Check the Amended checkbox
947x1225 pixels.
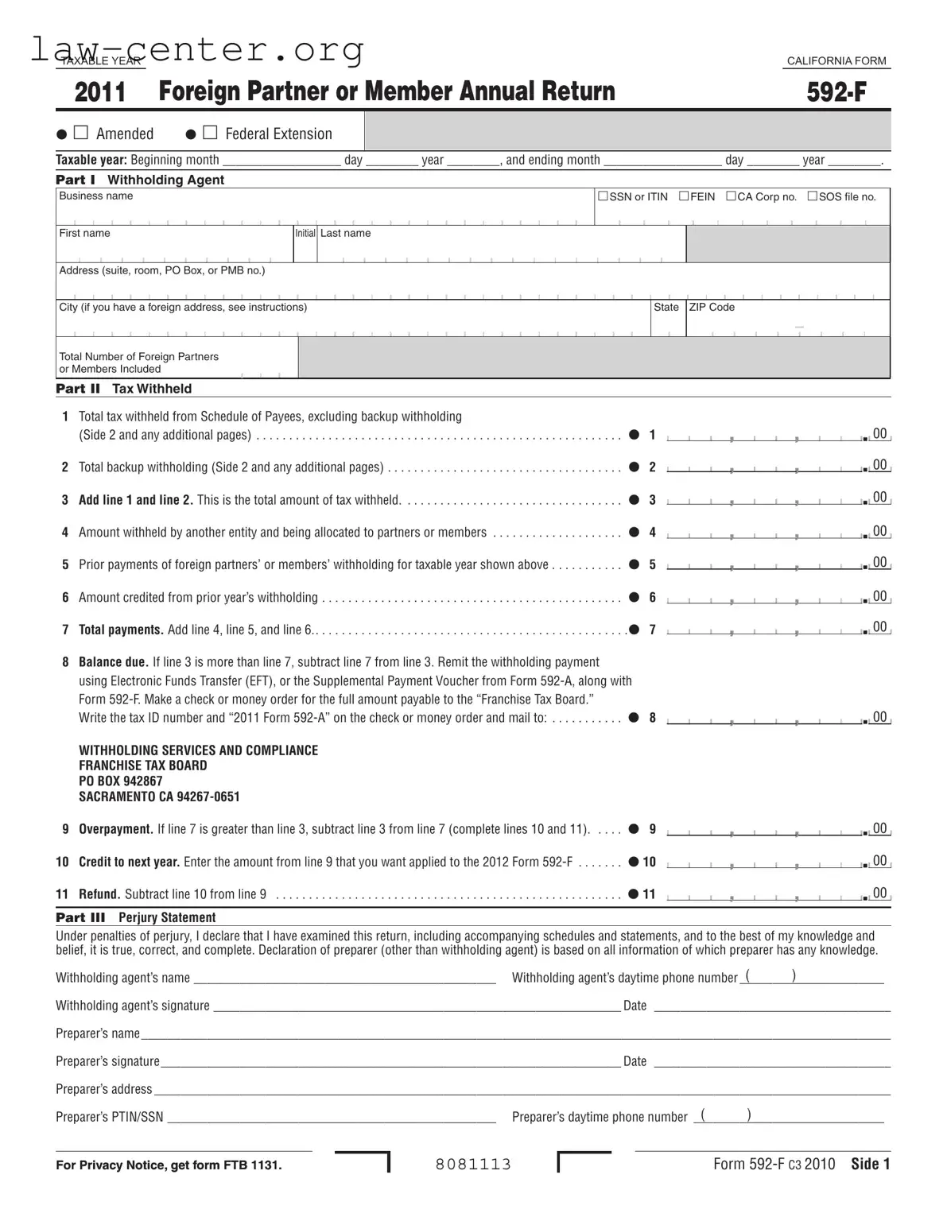(x=80, y=133)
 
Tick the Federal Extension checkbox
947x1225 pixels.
(x=210, y=133)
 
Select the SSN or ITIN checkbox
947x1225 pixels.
(x=603, y=196)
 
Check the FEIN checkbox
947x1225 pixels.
(x=684, y=196)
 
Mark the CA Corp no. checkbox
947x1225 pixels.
(x=731, y=196)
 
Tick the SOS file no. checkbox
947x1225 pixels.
(x=813, y=196)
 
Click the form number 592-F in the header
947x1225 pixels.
(x=836, y=92)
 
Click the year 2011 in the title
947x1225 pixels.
(x=100, y=92)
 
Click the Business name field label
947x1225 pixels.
(x=96, y=196)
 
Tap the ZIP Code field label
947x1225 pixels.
(x=712, y=308)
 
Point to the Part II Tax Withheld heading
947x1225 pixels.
(x=124, y=389)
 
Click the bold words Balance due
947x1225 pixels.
(x=113, y=662)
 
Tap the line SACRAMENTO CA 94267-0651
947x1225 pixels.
(x=159, y=797)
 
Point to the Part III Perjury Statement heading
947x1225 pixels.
(x=136, y=917)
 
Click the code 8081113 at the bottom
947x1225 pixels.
(x=473, y=1165)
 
